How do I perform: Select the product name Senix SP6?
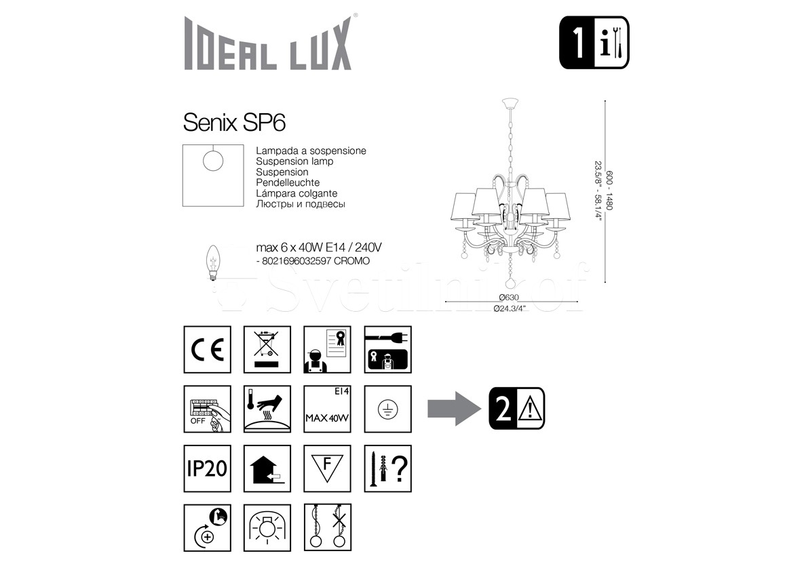pyautogui.click(x=234, y=123)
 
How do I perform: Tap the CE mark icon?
pyautogui.click(x=207, y=349)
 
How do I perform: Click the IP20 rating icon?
pyautogui.click(x=207, y=468)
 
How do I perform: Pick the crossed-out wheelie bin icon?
pyautogui.click(x=267, y=349)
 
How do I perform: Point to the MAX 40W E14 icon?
pyautogui.click(x=327, y=409)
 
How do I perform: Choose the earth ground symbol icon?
pyautogui.click(x=387, y=409)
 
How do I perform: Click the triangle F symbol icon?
pyautogui.click(x=327, y=468)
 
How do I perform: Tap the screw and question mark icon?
pyautogui.click(x=387, y=468)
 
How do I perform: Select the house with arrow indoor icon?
pyautogui.click(x=267, y=468)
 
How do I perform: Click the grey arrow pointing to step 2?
pyautogui.click(x=454, y=409)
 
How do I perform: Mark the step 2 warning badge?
pyautogui.click(x=517, y=409)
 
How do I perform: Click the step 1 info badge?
pyautogui.click(x=594, y=43)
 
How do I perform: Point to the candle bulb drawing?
pyautogui.click(x=213, y=262)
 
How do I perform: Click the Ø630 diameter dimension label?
pyautogui.click(x=509, y=298)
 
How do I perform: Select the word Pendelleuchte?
pyautogui.click(x=288, y=182)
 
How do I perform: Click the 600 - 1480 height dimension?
pyautogui.click(x=609, y=190)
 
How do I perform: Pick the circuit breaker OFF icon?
pyautogui.click(x=207, y=409)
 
